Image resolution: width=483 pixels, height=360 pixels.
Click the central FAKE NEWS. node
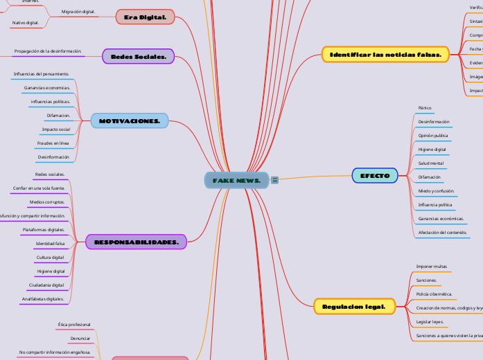(236, 181)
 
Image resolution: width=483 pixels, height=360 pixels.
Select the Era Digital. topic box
(144, 17)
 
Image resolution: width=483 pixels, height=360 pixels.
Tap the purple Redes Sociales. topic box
(138, 57)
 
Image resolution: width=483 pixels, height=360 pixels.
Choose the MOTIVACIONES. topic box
(129, 121)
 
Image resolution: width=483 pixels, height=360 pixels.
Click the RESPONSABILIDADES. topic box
(136, 242)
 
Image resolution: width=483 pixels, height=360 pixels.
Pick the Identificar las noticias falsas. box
(385, 54)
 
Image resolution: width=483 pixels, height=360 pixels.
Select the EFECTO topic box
(375, 176)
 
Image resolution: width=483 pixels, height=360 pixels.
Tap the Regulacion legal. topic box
(354, 305)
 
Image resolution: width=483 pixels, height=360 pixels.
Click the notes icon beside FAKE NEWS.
(275, 181)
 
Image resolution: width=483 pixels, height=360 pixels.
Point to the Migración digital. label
(78, 12)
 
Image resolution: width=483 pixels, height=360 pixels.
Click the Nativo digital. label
(26, 23)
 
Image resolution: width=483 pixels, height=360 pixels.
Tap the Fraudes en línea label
(53, 143)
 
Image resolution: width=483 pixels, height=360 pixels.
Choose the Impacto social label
(55, 129)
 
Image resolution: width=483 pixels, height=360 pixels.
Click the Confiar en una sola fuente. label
(39, 188)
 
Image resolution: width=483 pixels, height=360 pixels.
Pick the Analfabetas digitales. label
(43, 299)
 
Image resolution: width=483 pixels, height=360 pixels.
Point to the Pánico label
(425, 108)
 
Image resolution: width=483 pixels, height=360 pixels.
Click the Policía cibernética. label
(434, 294)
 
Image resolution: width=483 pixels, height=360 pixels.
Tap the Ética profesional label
(74, 324)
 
